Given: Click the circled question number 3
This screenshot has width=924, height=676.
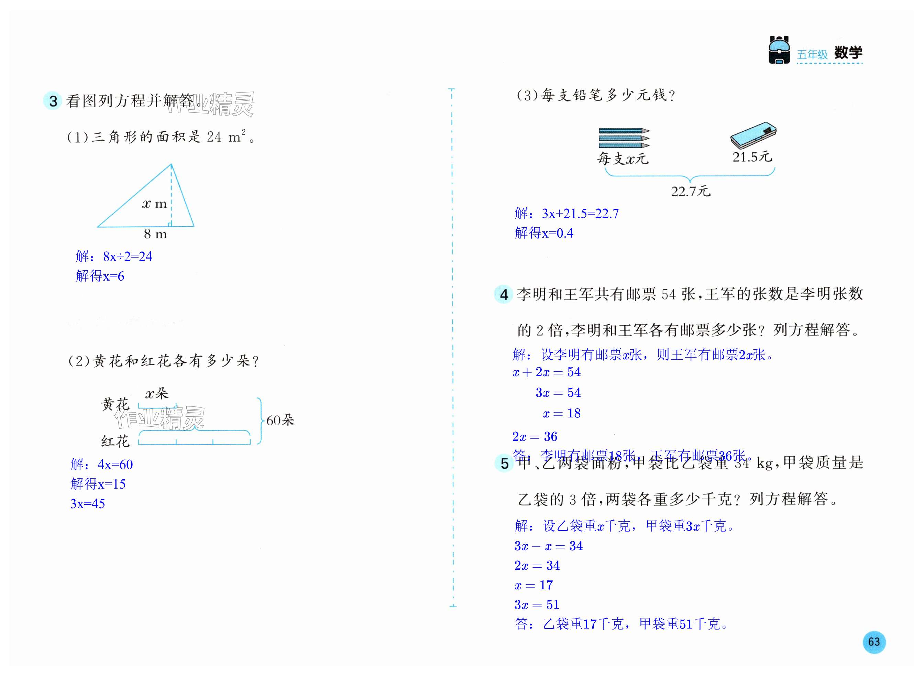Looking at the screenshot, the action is (53, 101).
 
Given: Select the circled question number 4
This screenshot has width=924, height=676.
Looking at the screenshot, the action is (504, 294).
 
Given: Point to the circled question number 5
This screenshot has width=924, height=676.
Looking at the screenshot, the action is (504, 463).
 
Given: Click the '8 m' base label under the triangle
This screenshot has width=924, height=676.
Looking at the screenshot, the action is (155, 234).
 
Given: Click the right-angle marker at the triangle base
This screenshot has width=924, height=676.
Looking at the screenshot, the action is (170, 224).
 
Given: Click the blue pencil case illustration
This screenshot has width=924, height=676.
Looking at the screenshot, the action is (753, 135).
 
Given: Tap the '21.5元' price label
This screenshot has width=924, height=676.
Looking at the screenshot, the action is (752, 157).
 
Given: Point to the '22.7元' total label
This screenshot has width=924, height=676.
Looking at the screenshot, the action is (691, 191).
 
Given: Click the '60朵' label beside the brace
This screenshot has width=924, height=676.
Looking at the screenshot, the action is (280, 420).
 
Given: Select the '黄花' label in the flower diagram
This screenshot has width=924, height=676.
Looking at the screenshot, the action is (115, 404).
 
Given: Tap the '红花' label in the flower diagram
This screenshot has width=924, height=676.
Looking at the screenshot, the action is (115, 441).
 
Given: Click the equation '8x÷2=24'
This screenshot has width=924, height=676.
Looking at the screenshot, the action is (128, 257).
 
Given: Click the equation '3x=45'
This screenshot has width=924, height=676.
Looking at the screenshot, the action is (88, 503).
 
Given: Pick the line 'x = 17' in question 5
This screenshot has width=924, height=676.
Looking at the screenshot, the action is (534, 585).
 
